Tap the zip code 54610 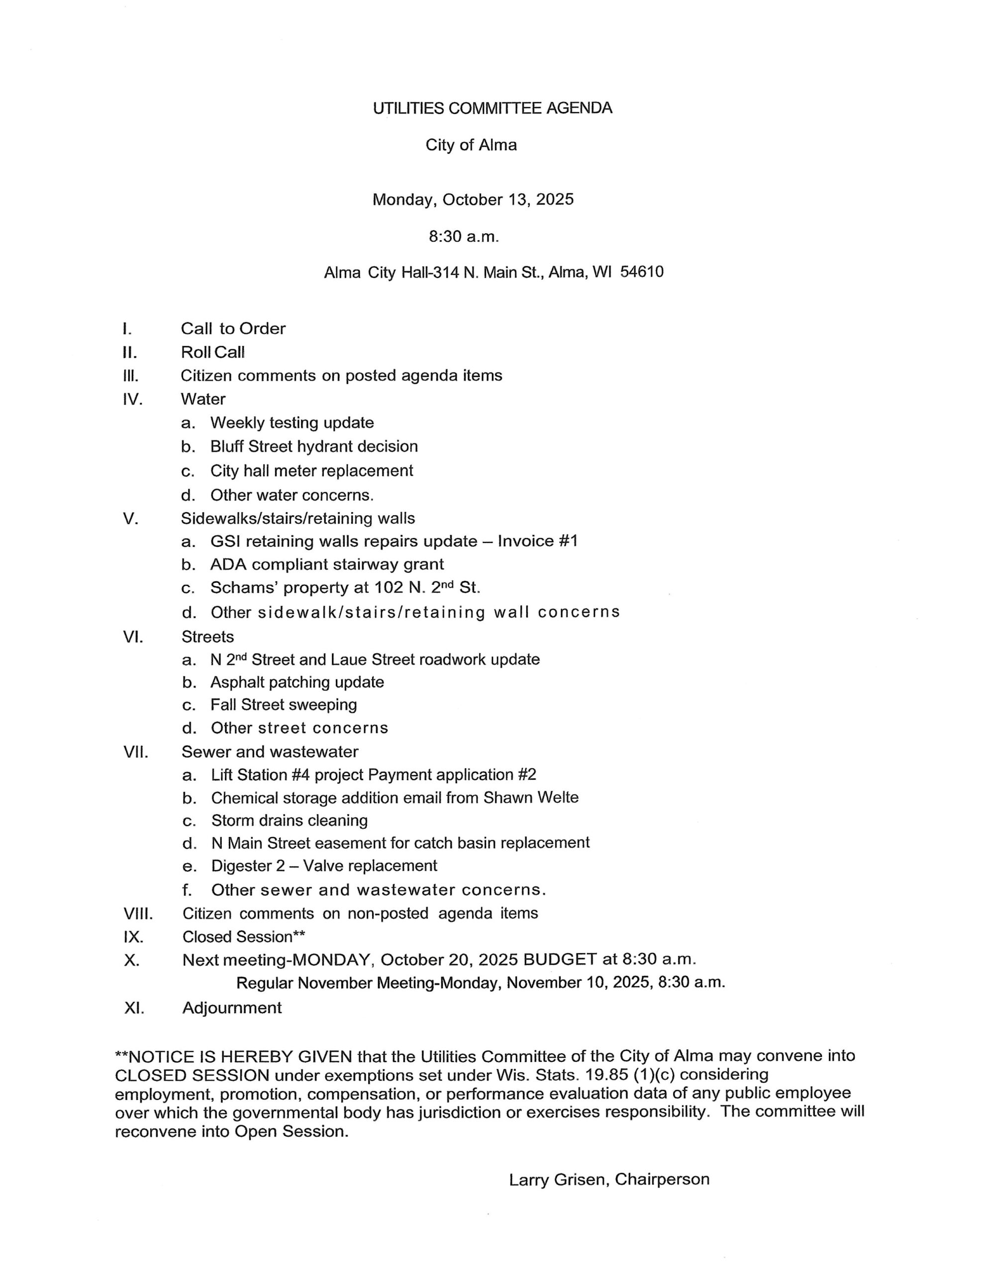(x=641, y=272)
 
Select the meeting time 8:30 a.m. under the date (x=464, y=237)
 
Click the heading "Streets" (x=207, y=636)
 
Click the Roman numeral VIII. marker (x=138, y=913)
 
